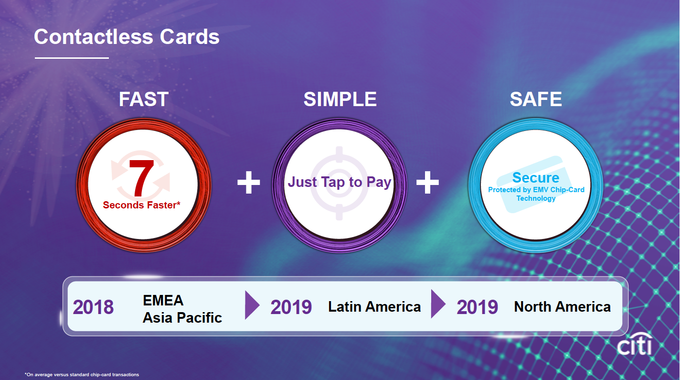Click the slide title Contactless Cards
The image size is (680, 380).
click(x=127, y=37)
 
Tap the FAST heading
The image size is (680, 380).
click(x=144, y=99)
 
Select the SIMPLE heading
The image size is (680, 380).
click(x=340, y=99)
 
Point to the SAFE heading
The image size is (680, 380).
click(x=536, y=99)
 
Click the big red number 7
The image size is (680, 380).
click(x=141, y=178)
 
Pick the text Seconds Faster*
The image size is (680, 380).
click(x=141, y=205)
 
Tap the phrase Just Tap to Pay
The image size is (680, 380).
click(x=340, y=182)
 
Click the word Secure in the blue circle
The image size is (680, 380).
click(x=536, y=178)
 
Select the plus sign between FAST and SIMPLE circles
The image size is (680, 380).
click(x=249, y=182)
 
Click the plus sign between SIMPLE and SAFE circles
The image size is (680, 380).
click(x=427, y=182)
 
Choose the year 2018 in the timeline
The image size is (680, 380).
click(x=93, y=307)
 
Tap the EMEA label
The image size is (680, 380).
click(x=163, y=301)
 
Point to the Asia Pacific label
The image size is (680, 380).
click(x=182, y=318)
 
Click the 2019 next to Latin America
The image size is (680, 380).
click(x=291, y=307)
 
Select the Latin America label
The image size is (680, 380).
click(x=374, y=307)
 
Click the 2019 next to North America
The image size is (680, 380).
click(x=477, y=307)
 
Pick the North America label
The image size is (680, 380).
click(x=562, y=307)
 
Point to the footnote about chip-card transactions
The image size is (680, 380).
click(x=82, y=375)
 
